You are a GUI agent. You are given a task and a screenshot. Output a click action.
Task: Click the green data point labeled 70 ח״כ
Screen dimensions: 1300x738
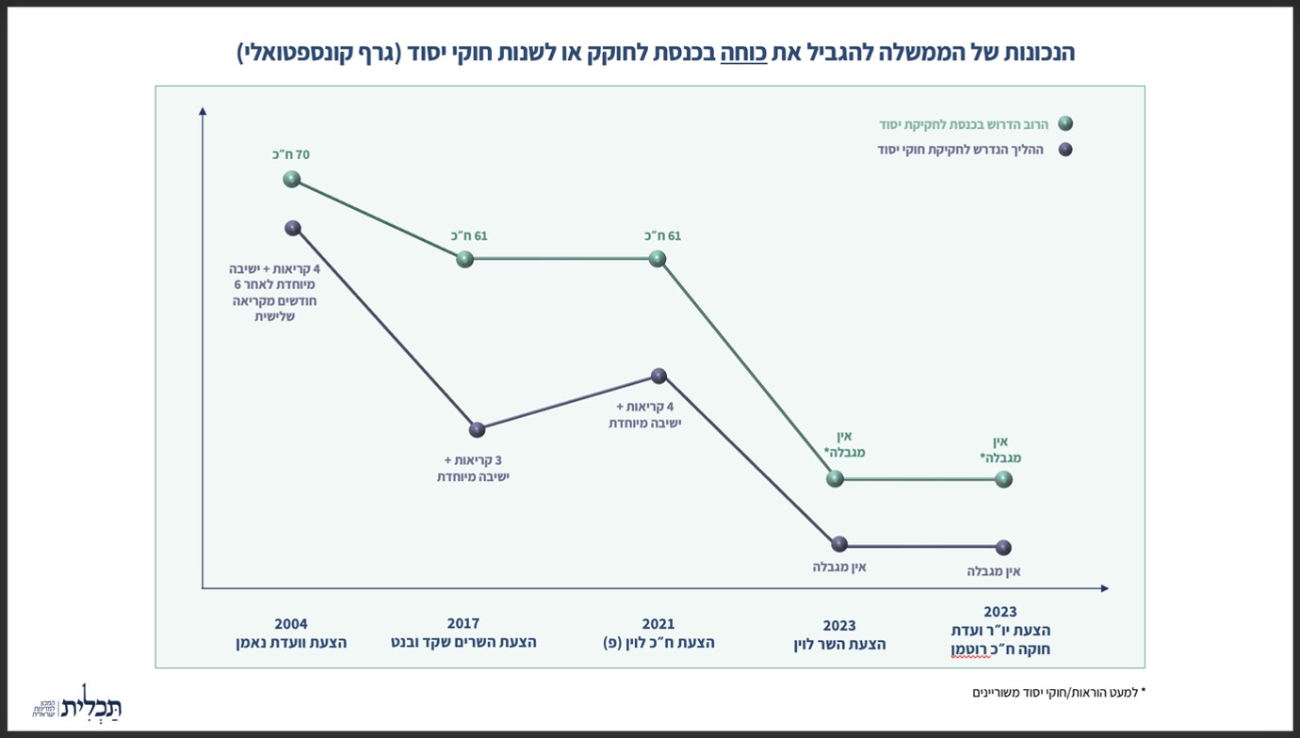(x=291, y=179)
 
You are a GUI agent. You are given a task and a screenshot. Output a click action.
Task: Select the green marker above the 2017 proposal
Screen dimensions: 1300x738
(x=464, y=259)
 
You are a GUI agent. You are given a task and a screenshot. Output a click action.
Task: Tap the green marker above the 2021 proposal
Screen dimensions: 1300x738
(x=657, y=259)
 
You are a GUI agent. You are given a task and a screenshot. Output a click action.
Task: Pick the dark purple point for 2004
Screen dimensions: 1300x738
(x=293, y=228)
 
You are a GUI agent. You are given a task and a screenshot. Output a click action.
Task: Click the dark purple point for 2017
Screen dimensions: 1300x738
(x=477, y=429)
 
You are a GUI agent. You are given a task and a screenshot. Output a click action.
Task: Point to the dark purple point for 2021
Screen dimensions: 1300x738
(x=658, y=376)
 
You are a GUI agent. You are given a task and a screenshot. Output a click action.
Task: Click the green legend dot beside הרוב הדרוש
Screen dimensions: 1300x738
(x=1065, y=123)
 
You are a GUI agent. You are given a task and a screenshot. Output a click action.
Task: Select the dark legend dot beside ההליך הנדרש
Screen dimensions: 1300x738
(x=1065, y=150)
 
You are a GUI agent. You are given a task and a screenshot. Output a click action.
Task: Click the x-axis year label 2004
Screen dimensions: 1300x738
(x=291, y=624)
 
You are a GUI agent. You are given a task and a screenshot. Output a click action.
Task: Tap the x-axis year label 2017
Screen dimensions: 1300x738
(x=463, y=624)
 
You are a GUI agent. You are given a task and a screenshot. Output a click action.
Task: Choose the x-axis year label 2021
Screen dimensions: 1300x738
(x=658, y=624)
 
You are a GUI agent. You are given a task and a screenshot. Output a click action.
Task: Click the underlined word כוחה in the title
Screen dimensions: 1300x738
(x=743, y=53)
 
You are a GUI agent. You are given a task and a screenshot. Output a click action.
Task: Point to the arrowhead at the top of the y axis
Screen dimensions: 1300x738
(x=203, y=111)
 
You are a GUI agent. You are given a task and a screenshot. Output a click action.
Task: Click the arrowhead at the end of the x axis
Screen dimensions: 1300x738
(x=1105, y=588)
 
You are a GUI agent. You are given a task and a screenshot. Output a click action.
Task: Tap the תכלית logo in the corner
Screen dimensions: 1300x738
(x=76, y=703)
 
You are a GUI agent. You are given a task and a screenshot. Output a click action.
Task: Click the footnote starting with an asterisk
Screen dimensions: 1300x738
(x=1059, y=692)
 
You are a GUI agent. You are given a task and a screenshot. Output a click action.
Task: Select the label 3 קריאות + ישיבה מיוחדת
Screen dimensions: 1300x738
(x=473, y=469)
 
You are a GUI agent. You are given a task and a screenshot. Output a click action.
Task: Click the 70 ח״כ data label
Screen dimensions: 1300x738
(x=291, y=154)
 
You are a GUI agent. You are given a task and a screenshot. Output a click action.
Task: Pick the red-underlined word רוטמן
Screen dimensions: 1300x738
(x=971, y=650)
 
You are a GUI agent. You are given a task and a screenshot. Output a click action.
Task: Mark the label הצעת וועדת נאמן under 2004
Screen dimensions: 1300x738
(x=291, y=643)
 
